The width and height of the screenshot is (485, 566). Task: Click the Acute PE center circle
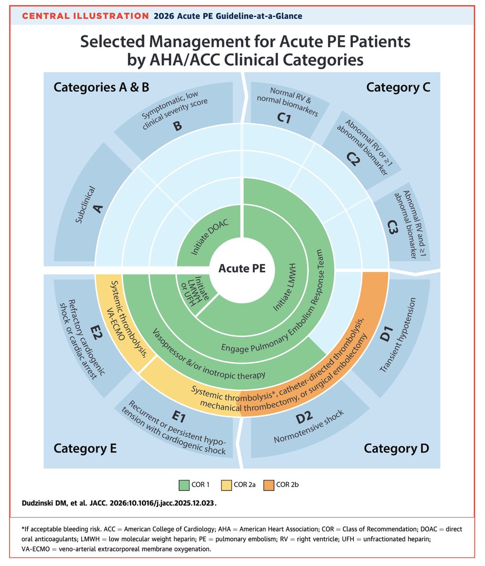[x=242, y=268]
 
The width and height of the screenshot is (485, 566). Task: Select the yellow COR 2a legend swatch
[x=226, y=484]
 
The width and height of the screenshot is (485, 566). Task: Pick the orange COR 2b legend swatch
[x=268, y=484]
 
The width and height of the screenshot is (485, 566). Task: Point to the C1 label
[x=284, y=118]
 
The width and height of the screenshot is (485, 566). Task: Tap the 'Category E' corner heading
[x=85, y=448]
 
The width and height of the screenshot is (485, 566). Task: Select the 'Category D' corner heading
[x=396, y=448]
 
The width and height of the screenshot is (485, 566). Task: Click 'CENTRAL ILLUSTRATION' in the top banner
[x=86, y=16]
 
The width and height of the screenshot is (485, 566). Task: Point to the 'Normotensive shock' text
[x=309, y=427]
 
